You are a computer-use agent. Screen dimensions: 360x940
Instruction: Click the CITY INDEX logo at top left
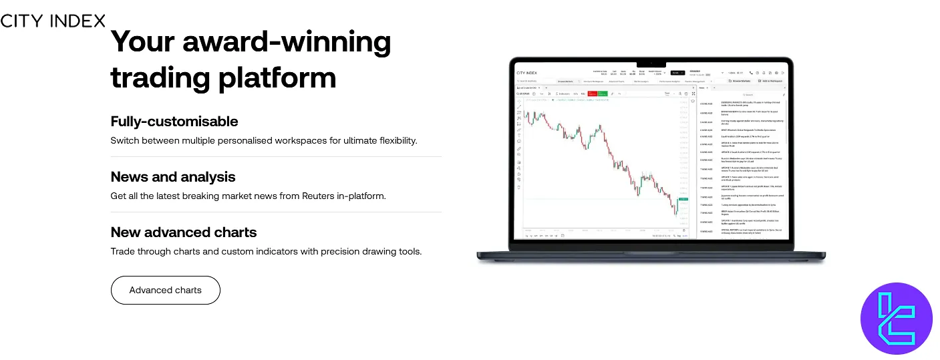pos(53,21)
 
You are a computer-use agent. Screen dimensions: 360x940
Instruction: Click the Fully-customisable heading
pos(174,122)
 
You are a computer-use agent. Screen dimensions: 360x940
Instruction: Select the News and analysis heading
pos(172,177)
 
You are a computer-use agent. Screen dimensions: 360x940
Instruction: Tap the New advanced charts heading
pos(183,232)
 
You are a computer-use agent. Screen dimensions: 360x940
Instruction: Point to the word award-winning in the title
pos(287,42)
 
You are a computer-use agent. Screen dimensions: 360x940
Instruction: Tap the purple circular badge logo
pos(896,318)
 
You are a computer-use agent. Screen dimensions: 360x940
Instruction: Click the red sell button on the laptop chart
pos(592,94)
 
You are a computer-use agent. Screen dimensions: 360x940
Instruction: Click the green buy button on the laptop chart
pos(603,94)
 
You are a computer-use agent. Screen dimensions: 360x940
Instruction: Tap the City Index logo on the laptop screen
pos(526,73)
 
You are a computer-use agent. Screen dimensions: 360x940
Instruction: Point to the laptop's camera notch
pos(651,63)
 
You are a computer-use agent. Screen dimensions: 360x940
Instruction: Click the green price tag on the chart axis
pos(683,200)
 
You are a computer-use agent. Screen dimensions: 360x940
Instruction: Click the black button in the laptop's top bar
pos(677,73)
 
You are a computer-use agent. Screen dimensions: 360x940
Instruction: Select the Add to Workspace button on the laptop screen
pos(769,81)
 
